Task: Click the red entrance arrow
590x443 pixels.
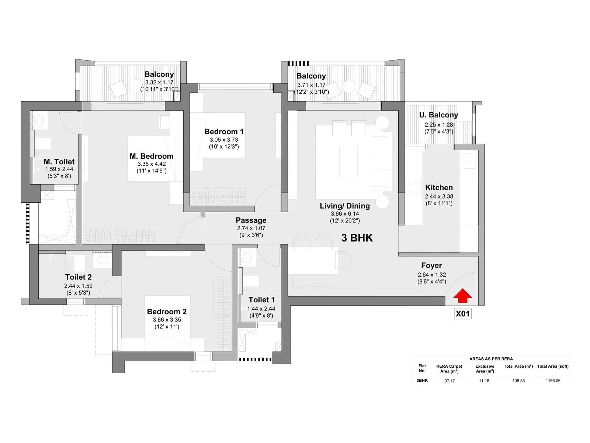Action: tap(462, 296)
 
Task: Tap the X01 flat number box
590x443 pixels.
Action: tap(462, 314)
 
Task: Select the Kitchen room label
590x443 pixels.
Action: tap(439, 188)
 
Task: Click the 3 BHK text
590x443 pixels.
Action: tap(357, 238)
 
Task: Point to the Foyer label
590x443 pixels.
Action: tap(431, 265)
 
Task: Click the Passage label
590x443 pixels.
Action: tap(251, 220)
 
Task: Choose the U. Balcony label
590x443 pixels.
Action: tap(438, 115)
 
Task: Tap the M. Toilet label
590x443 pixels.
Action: tap(59, 162)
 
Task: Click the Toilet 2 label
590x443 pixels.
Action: tap(78, 277)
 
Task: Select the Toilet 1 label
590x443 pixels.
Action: tap(261, 300)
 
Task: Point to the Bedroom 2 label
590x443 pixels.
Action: tap(167, 312)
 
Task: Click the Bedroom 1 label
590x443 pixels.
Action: tap(224, 131)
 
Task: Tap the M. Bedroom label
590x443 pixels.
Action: tap(152, 156)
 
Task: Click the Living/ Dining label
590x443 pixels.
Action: tap(345, 206)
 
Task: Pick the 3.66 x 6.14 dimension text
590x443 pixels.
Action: tap(345, 214)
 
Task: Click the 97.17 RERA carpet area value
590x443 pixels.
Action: tap(450, 381)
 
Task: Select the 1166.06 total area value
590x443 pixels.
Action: tap(553, 381)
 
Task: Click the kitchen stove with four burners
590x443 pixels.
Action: tap(414, 187)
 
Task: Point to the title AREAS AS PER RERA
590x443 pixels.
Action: tap(491, 359)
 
